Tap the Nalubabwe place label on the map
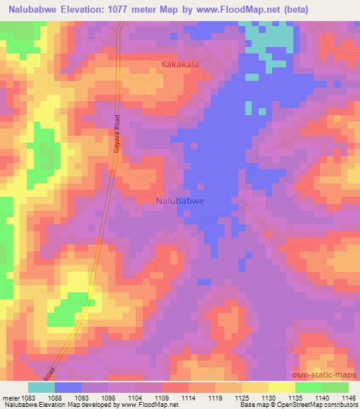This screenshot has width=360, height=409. click(x=179, y=200)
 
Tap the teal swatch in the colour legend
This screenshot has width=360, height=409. click(x=41, y=387)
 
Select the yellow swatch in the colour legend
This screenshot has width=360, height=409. click(x=281, y=387)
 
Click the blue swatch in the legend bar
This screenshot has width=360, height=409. click(x=68, y=387)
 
